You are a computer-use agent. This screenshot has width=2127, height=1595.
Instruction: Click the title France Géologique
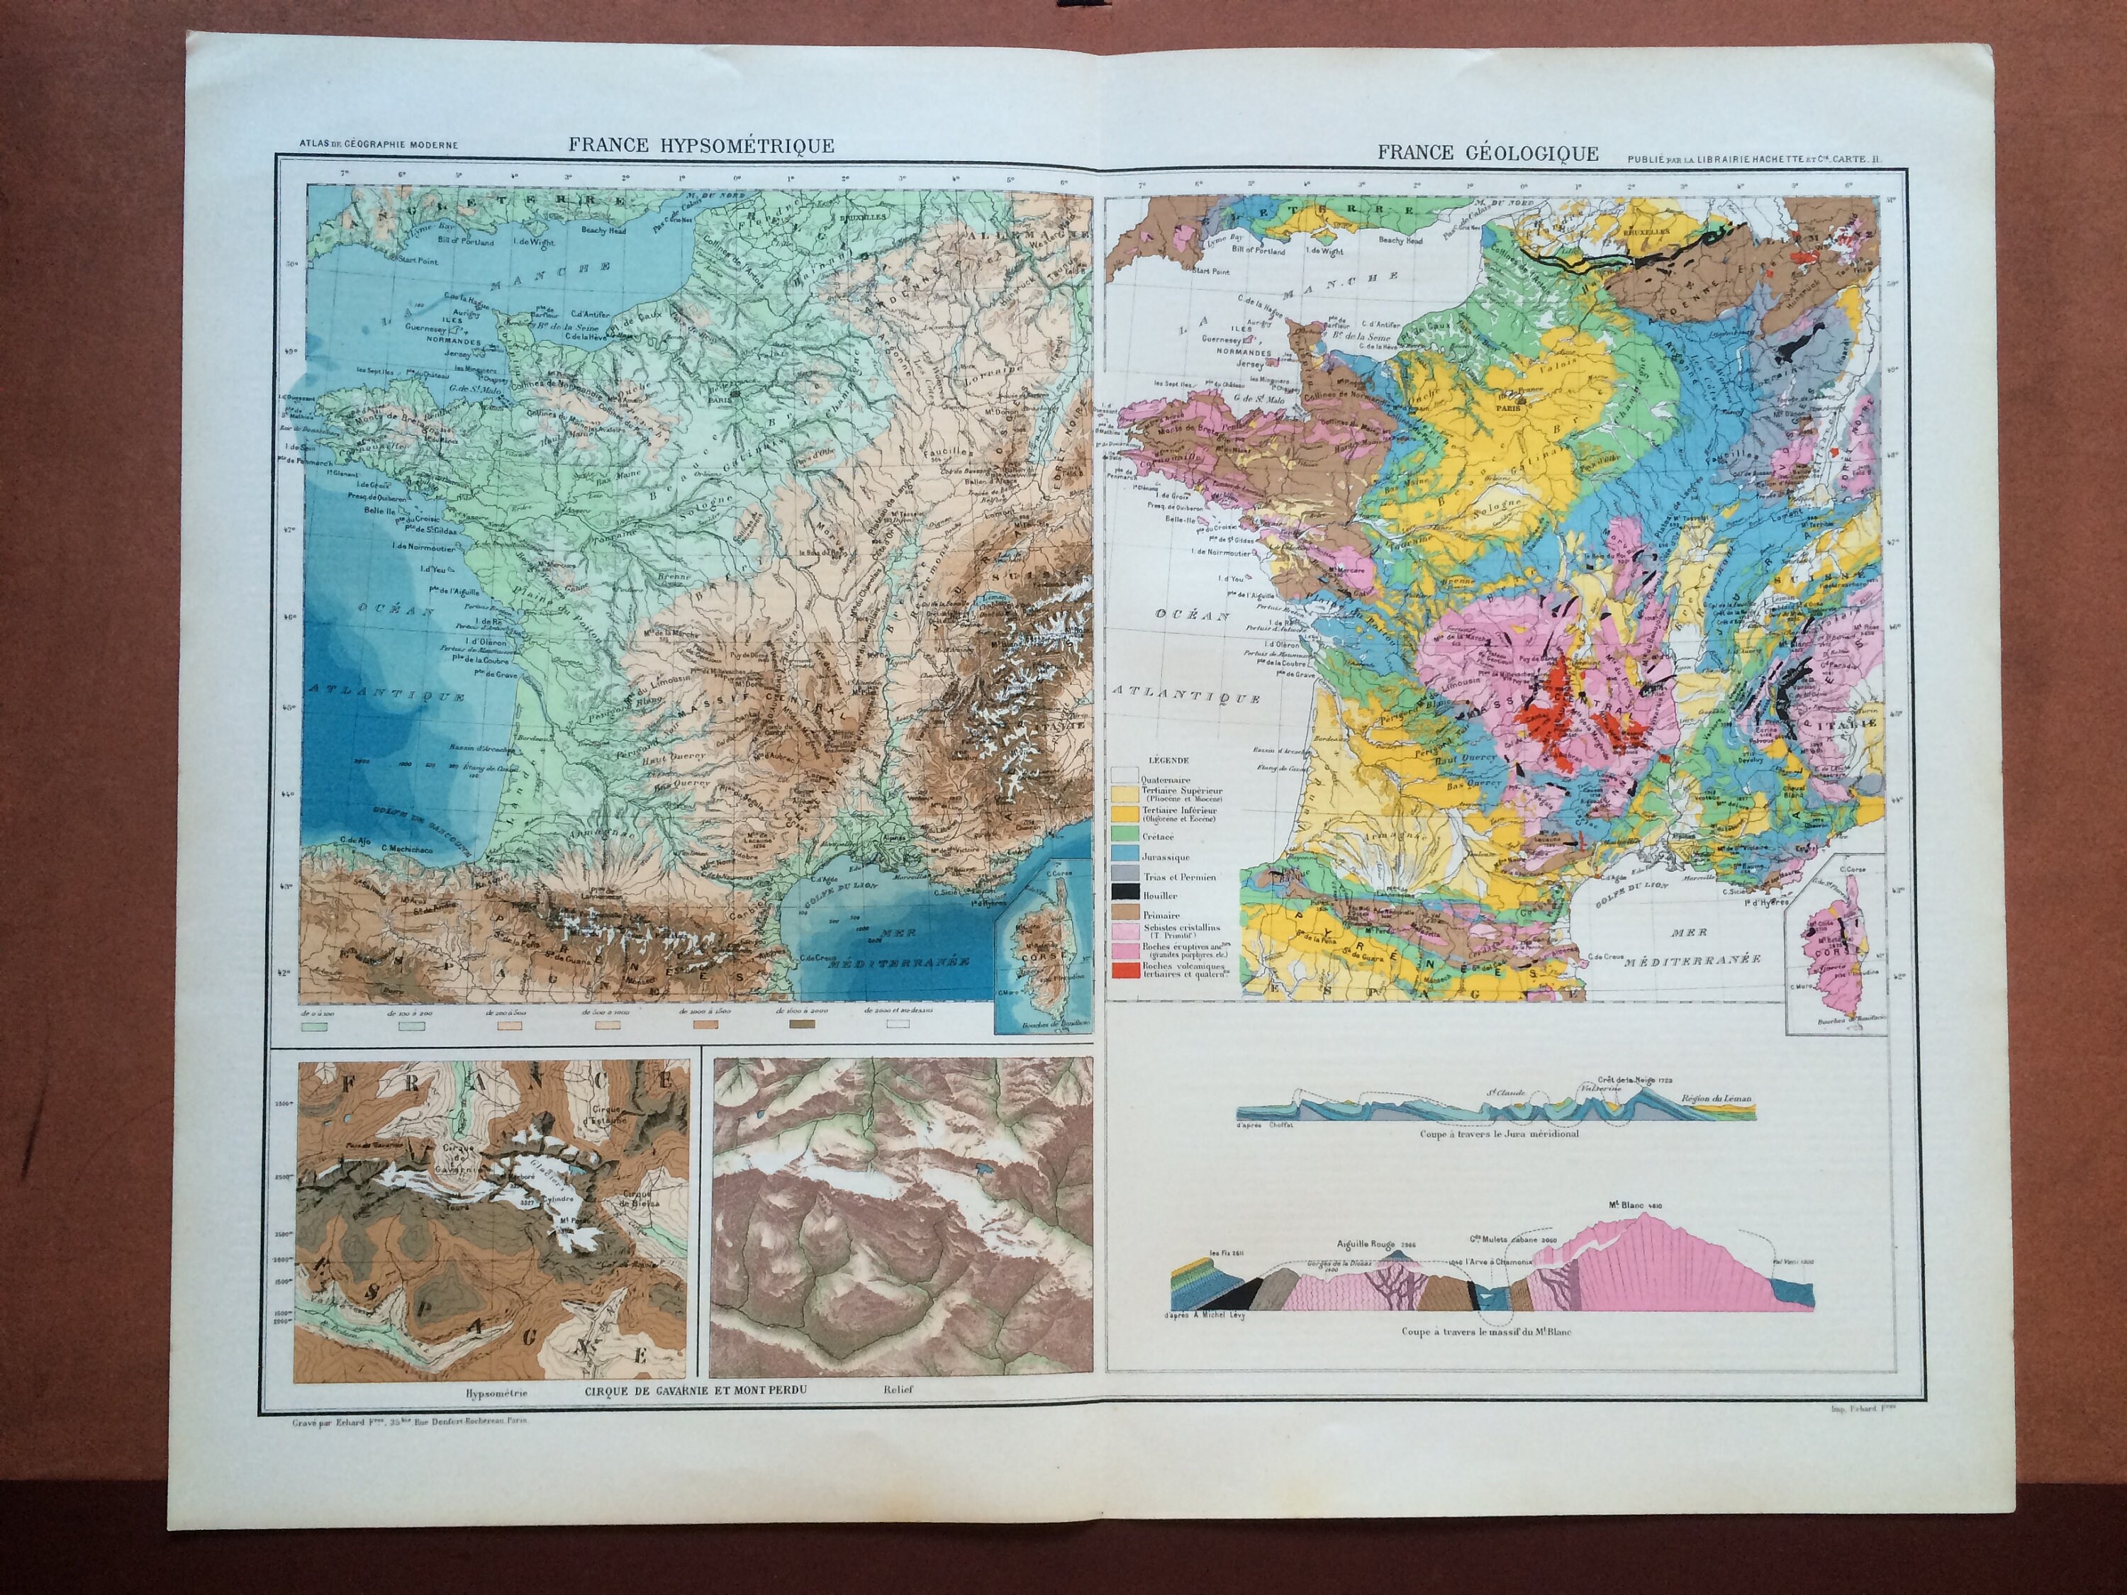(x=1487, y=153)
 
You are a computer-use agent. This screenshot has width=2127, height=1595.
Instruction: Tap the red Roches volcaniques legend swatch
(x=1120, y=972)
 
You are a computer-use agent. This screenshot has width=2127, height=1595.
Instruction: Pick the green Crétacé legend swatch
(x=1120, y=836)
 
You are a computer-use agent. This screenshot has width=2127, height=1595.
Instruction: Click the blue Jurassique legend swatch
(x=1120, y=856)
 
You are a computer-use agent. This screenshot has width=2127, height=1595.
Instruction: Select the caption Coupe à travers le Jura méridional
(x=1498, y=1134)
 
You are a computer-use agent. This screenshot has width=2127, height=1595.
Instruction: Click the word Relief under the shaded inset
(x=899, y=1389)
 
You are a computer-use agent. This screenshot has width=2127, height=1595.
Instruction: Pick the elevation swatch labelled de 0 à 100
(x=313, y=1026)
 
